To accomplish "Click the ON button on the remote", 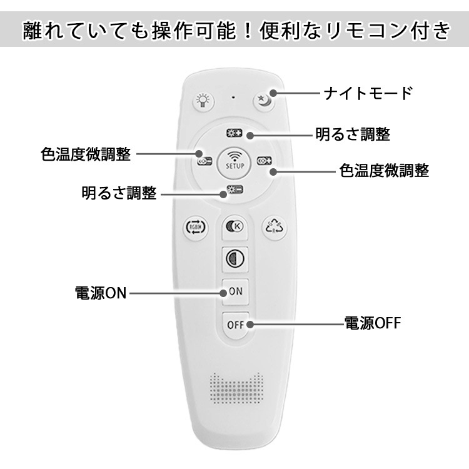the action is [x=235, y=291].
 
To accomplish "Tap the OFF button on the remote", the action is [x=235, y=325].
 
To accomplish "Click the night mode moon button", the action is [x=265, y=100].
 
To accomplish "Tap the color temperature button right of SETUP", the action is [x=265, y=161].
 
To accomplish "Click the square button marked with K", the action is [x=235, y=226].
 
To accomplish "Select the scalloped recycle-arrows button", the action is [x=273, y=226].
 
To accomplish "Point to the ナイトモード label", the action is [x=368, y=94].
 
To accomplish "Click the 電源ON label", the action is [x=100, y=293].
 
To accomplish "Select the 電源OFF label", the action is [x=372, y=323].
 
